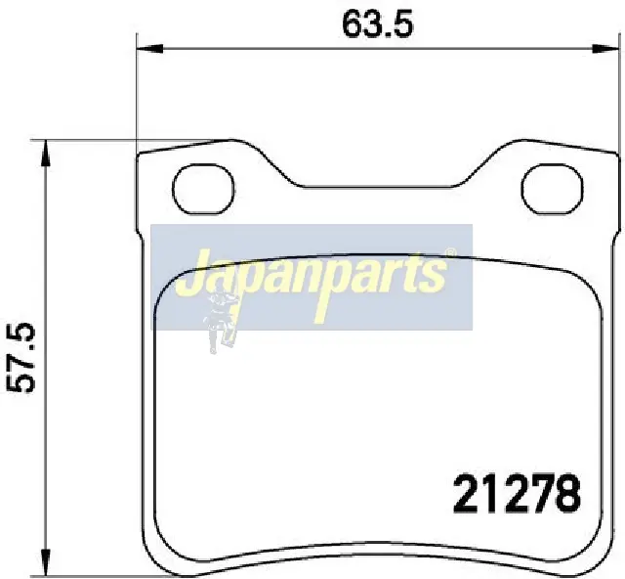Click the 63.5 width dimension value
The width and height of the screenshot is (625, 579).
click(x=378, y=24)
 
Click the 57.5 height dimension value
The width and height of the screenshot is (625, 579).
click(x=21, y=357)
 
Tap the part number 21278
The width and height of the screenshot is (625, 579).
click(x=517, y=494)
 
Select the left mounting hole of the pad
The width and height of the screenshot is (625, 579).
click(x=203, y=190)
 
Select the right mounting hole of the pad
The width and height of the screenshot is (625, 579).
click(x=552, y=190)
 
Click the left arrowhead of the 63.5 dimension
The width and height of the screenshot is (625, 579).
click(x=149, y=49)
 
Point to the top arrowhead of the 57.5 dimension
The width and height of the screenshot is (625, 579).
click(x=46, y=154)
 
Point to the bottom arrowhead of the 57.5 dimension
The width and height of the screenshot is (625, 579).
click(x=46, y=562)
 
